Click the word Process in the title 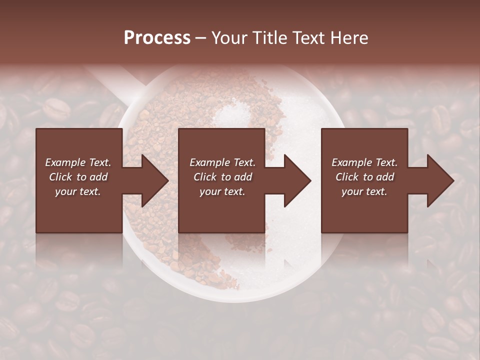tap(157, 38)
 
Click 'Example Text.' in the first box tap(78, 162)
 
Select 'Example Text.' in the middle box tap(222, 162)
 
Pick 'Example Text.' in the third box tap(364, 162)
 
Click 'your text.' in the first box tap(78, 191)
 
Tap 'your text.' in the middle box tap(222, 191)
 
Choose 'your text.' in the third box tap(364, 191)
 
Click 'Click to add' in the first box tap(78, 177)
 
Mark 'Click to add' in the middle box tap(222, 177)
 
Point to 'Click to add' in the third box tap(364, 177)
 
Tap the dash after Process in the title tap(201, 38)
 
